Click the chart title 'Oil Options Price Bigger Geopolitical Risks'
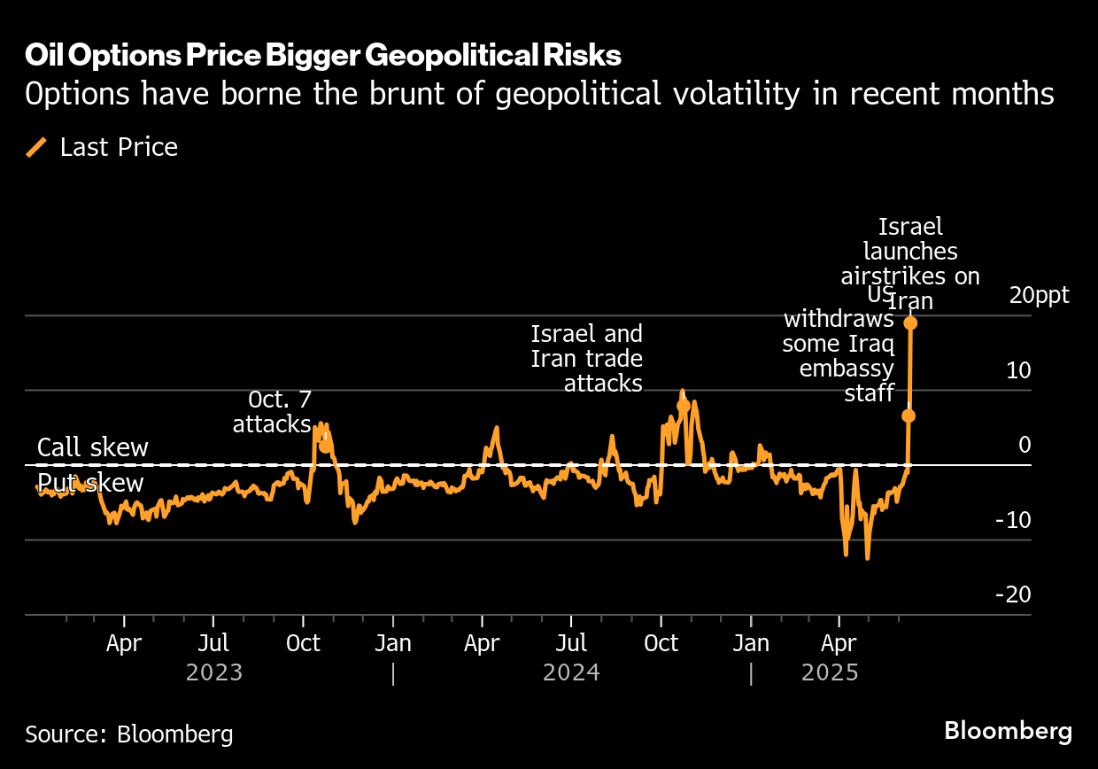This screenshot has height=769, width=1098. coord(323,56)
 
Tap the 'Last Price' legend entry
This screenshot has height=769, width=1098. coord(119,147)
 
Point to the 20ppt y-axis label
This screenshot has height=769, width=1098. coord(1040,295)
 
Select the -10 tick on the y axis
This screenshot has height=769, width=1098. coord(1013,520)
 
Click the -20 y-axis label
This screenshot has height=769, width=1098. coord(1013,594)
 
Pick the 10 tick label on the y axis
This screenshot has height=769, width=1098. coord(1018,370)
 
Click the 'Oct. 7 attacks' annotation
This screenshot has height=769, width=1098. coord(272,412)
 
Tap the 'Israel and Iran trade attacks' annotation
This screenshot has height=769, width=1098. coord(586,359)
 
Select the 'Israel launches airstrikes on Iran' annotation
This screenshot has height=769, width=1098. coord(910,264)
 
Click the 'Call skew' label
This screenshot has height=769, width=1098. coord(93,447)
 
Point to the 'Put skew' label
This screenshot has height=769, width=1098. coord(90,483)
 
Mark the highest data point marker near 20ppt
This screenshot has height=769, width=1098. coord(909,323)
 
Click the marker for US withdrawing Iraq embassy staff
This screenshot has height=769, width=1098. coord(908,416)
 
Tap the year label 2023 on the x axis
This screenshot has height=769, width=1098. coord(214,673)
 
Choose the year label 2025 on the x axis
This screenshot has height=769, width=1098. coord(830,673)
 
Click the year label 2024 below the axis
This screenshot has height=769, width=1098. coord(571,673)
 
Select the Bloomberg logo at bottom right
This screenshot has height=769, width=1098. coord(1008,731)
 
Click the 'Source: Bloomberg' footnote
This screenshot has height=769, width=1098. coord(129,734)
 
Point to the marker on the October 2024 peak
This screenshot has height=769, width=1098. coord(683,406)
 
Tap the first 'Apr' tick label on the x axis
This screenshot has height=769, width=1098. coord(124,643)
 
